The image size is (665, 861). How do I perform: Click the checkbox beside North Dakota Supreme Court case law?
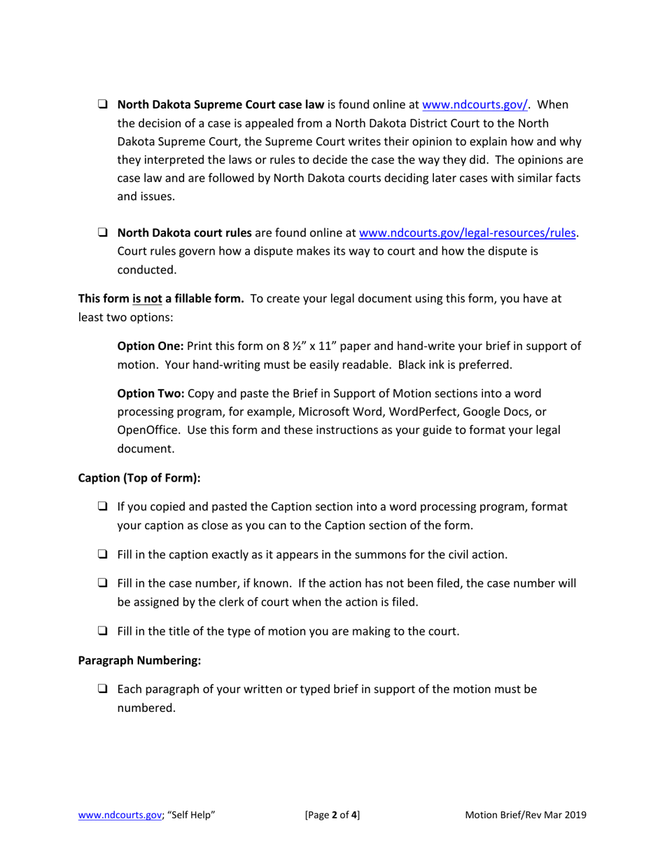coord(102,106)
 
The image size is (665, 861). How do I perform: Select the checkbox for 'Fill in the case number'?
coord(102,584)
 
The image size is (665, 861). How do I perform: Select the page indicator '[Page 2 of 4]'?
coord(332,815)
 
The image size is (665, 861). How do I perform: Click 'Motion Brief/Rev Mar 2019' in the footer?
coord(526,815)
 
